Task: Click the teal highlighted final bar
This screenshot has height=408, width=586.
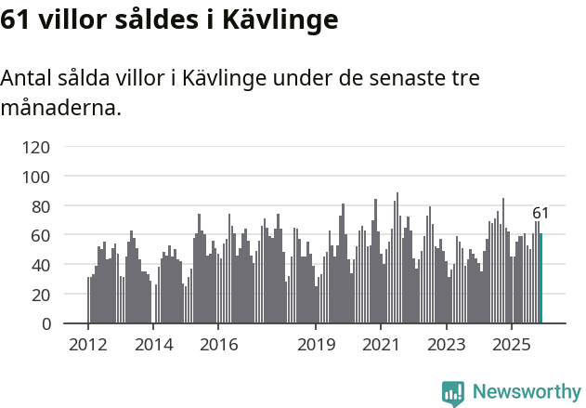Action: click(x=540, y=279)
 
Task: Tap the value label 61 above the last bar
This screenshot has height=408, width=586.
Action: click(x=540, y=214)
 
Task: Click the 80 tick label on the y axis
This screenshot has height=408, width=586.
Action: click(x=40, y=205)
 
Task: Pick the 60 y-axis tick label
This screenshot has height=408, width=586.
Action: click(x=40, y=235)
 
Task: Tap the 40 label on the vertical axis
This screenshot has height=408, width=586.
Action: click(x=40, y=265)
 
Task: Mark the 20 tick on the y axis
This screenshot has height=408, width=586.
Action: click(x=40, y=295)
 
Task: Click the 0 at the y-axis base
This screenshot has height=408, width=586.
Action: click(x=45, y=324)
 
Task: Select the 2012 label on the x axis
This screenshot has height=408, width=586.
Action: click(x=88, y=346)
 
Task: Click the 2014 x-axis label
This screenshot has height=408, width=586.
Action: click(x=153, y=346)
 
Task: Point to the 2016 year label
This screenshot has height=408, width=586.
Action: click(x=218, y=346)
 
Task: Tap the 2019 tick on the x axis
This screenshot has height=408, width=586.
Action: click(x=316, y=346)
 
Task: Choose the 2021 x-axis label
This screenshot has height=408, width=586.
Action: click(x=381, y=346)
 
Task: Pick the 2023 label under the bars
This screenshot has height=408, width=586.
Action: click(x=446, y=346)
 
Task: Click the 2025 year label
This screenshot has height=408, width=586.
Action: click(x=511, y=346)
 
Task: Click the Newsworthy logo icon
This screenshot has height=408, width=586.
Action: click(x=453, y=393)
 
